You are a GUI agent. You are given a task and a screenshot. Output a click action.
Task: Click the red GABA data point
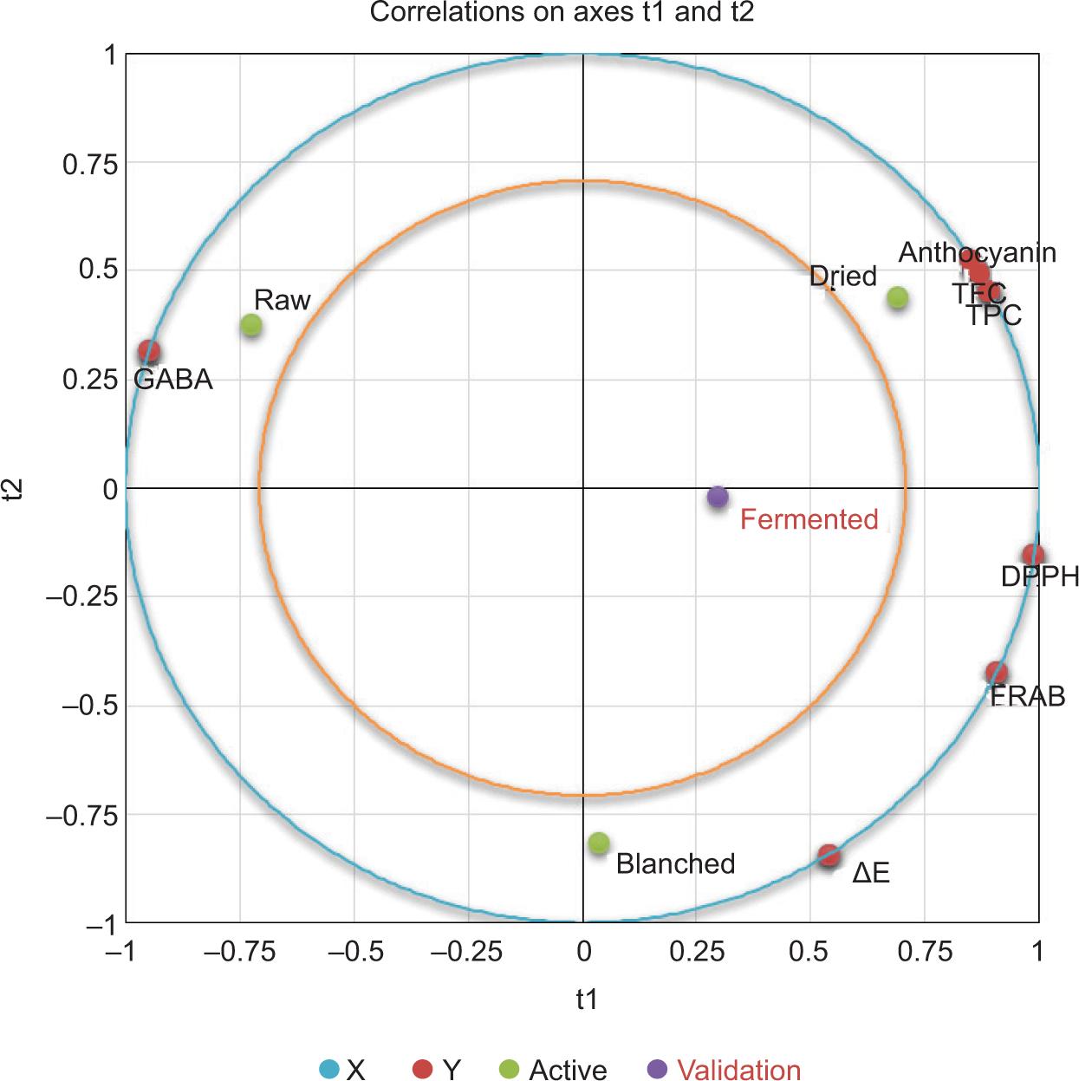point(149,352)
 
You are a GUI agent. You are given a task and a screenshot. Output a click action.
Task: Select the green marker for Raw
point(251,326)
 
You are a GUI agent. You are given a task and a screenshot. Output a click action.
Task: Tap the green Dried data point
point(898,298)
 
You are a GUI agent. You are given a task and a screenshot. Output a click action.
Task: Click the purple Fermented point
point(718,498)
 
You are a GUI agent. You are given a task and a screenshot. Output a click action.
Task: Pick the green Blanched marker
point(599,843)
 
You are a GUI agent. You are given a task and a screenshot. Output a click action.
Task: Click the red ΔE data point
point(829,856)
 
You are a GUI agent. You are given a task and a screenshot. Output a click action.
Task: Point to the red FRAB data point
point(998,673)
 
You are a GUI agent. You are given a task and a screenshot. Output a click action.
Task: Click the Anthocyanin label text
point(977,252)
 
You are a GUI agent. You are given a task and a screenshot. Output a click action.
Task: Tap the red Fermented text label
point(809,519)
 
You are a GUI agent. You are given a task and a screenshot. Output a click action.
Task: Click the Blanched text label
point(675,863)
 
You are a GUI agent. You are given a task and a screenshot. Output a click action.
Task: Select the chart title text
point(562,13)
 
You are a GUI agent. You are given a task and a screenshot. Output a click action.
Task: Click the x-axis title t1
point(587,1000)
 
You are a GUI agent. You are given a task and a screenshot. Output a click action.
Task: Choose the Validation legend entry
point(738,1070)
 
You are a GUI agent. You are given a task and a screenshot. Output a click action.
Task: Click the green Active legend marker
point(510,1069)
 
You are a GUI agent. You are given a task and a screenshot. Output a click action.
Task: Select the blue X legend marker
point(329,1069)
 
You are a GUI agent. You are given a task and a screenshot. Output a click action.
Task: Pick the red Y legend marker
point(422,1069)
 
